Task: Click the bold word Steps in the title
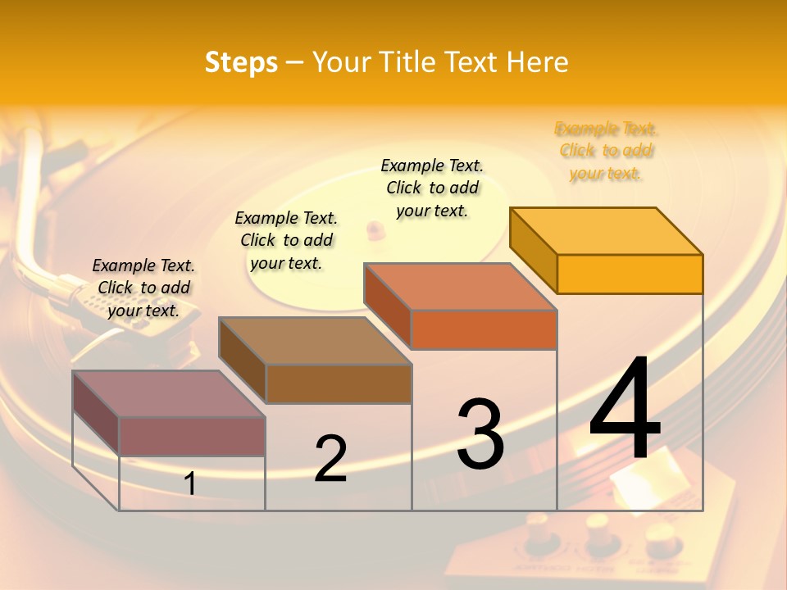coord(241,62)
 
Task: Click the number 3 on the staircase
coord(480,433)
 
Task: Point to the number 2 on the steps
coord(330,458)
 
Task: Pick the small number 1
coord(189,483)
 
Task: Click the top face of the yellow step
coord(606,230)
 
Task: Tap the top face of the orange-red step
coord(460,287)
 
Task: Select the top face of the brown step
coord(314,340)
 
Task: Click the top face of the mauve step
coord(168,393)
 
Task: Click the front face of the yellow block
coord(630,274)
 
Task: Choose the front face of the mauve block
coord(192,436)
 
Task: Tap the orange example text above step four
coord(607,151)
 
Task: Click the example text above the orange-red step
coord(432,188)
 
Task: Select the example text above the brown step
coord(286,240)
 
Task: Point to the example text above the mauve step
coord(143,288)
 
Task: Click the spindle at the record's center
coord(375,227)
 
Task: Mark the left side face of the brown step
coord(243,361)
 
